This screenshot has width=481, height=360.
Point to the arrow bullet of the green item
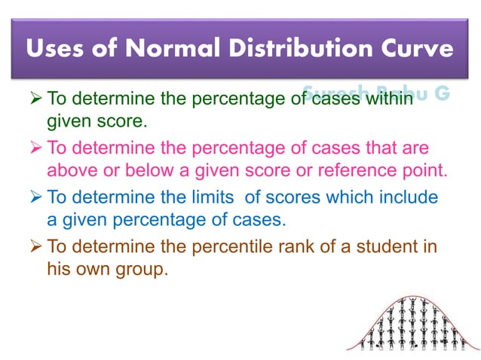click(36, 98)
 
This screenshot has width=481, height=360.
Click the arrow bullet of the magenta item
click(36, 148)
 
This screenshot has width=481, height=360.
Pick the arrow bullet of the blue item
click(36, 197)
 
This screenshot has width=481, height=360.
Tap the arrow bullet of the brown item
click(36, 247)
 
